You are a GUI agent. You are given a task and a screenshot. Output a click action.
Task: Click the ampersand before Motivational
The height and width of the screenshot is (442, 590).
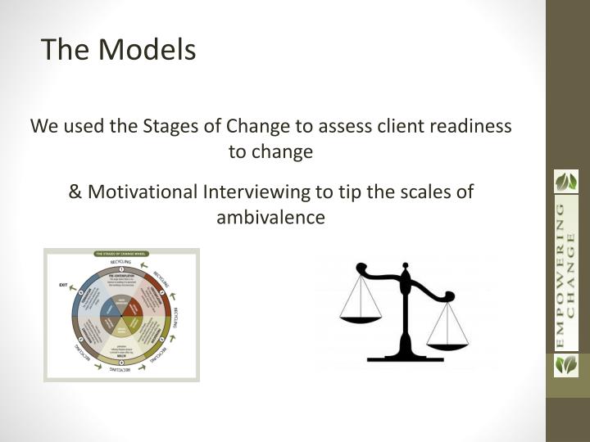[x=75, y=192]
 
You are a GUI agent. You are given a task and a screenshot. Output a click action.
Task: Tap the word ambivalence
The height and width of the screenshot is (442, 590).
[x=271, y=218]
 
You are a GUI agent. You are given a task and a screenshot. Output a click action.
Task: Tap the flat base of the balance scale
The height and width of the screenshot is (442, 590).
[x=405, y=357]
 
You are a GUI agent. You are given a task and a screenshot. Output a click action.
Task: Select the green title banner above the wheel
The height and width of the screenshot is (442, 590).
[x=121, y=254]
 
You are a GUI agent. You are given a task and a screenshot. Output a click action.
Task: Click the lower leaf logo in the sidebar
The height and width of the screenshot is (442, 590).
[x=566, y=364]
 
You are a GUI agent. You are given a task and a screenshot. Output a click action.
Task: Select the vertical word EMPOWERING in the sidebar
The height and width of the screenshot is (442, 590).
[x=560, y=273]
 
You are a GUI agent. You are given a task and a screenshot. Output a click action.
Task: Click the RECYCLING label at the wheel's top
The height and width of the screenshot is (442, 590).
[x=120, y=262]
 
